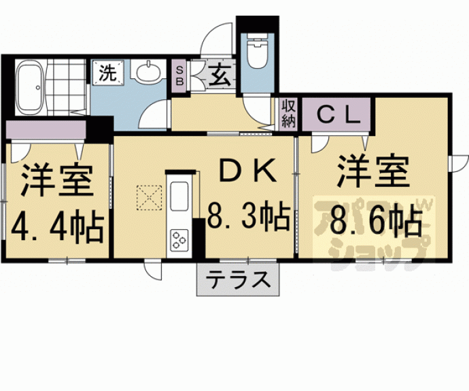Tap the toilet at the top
[257, 53]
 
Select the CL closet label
[336, 114]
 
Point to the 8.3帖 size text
[249, 218]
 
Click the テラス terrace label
[238, 280]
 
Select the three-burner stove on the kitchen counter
[180, 240]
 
